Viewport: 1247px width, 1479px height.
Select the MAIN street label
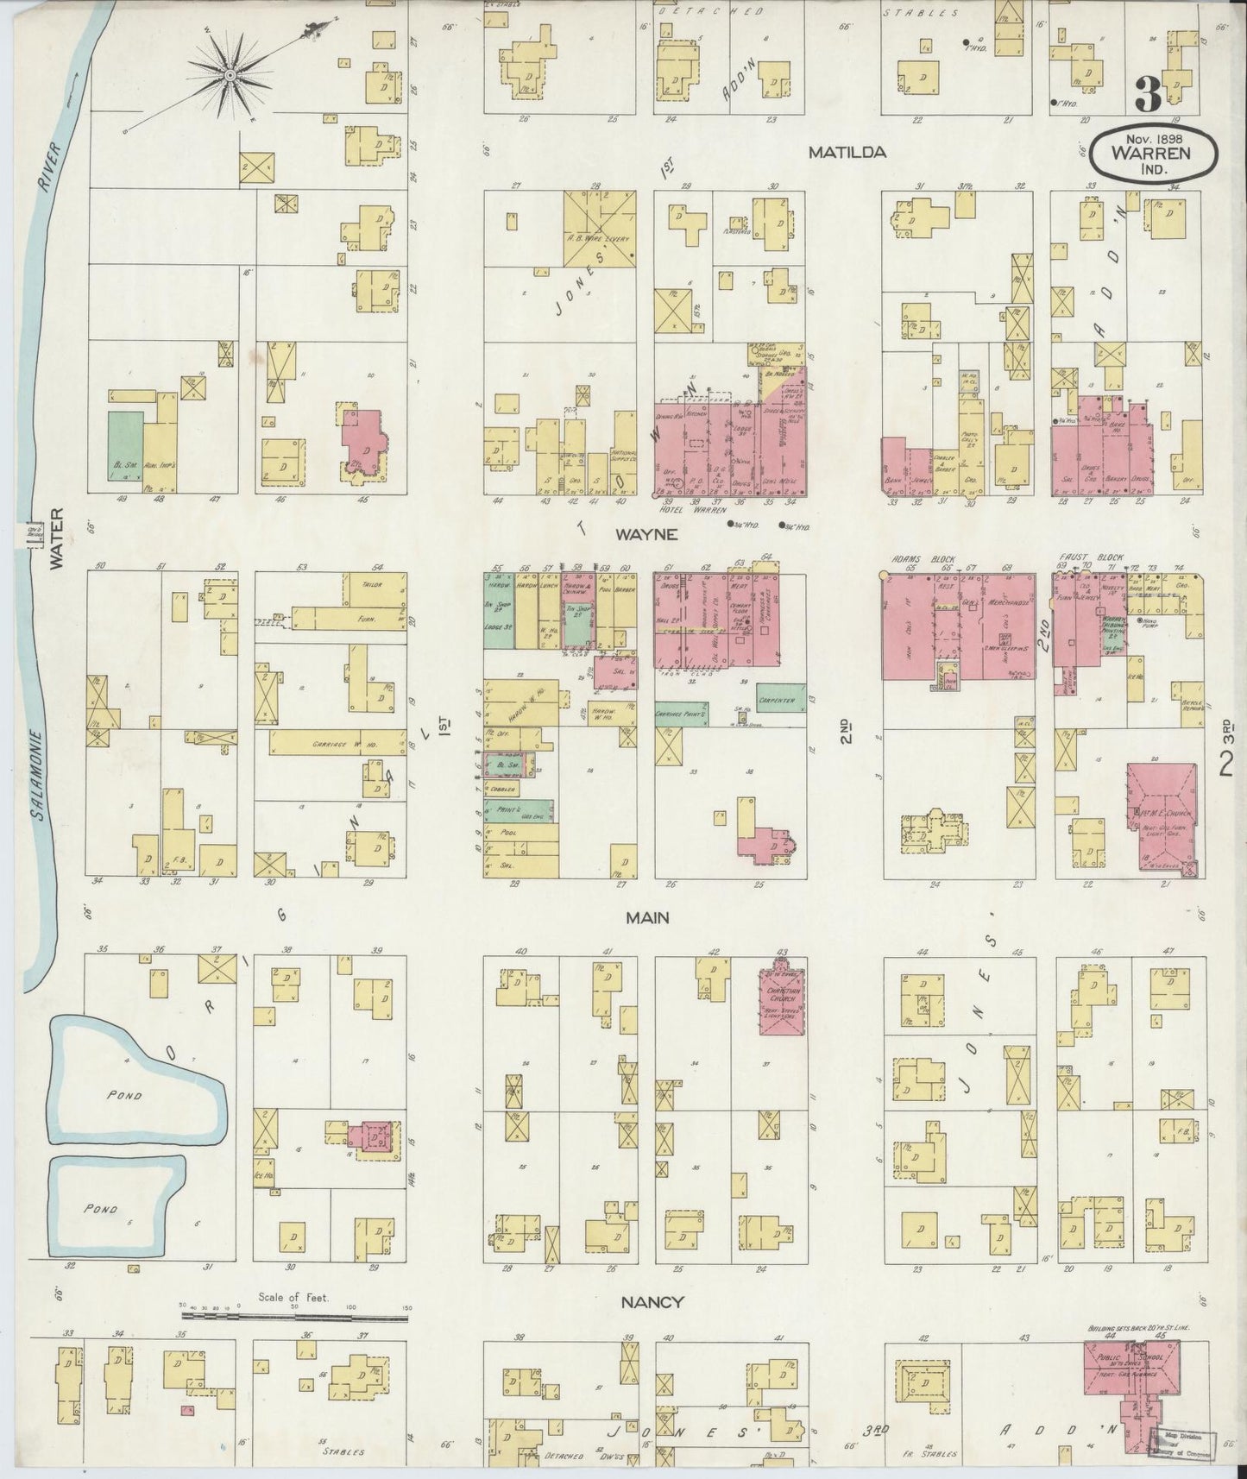648,919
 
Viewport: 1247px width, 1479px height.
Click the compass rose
230,76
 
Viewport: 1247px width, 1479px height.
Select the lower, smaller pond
112,1208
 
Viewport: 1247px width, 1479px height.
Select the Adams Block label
913,557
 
